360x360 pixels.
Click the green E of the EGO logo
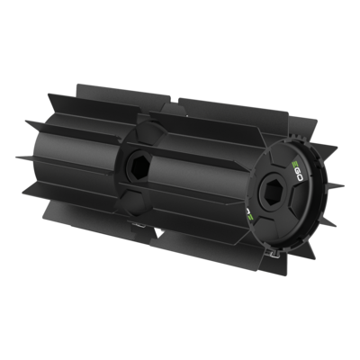point(294,164)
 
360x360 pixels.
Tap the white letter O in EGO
point(300,178)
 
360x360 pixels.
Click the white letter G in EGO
point(297,171)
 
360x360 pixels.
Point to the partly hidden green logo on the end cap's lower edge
point(249,215)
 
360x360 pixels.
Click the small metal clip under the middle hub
point(136,224)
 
